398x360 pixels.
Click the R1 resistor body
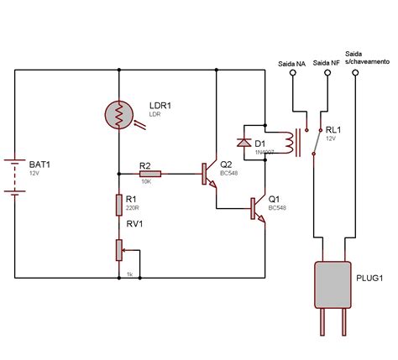point(119,204)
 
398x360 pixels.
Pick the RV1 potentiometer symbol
point(119,249)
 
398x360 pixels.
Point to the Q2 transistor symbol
point(210,174)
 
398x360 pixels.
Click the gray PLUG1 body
point(333,285)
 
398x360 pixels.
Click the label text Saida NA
point(291,62)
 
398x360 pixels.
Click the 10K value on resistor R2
point(145,180)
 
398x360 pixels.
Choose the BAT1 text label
point(39,165)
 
